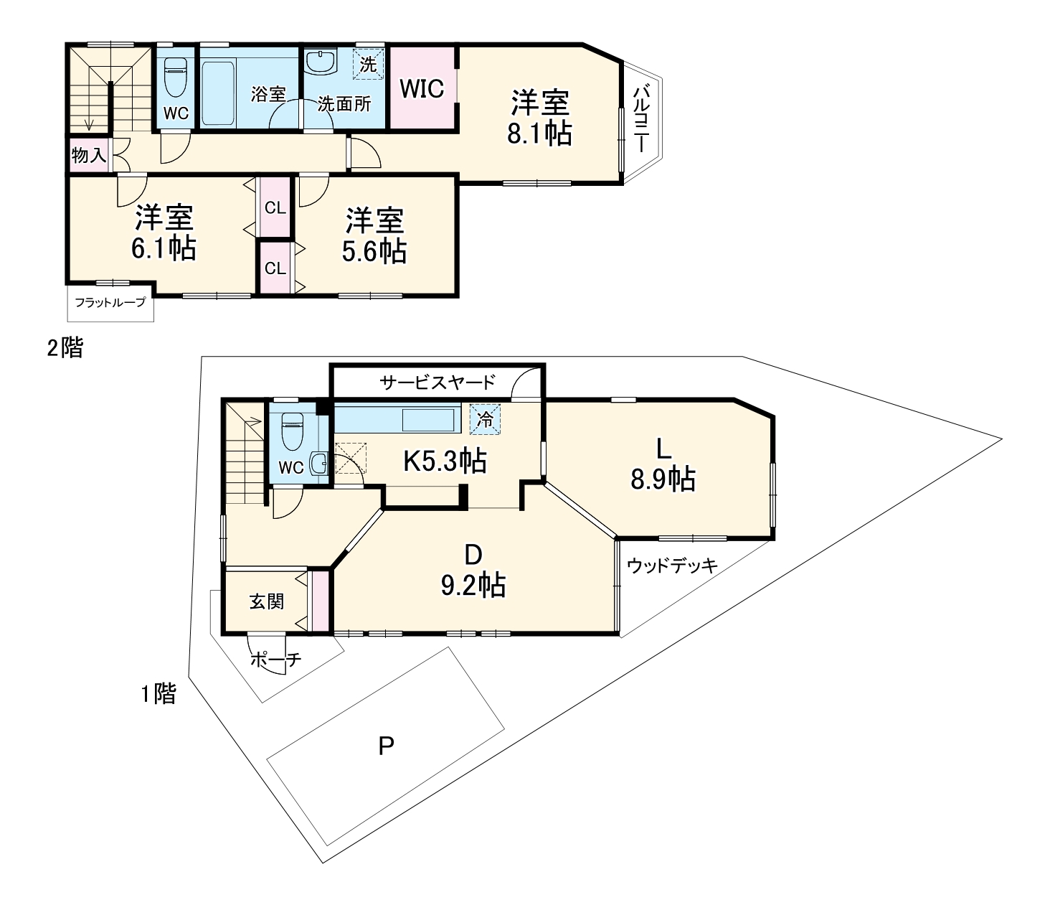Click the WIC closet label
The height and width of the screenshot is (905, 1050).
[422, 89]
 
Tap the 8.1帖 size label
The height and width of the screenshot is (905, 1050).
[539, 134]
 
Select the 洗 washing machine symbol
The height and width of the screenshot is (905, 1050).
[368, 64]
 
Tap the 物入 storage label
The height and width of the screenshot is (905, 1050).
[88, 154]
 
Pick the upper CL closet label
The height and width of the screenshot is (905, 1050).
[275, 209]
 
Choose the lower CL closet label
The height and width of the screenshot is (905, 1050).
[275, 269]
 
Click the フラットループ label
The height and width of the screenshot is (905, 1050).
[110, 303]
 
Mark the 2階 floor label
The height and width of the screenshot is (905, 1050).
[65, 349]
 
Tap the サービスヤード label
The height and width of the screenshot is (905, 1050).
[437, 382]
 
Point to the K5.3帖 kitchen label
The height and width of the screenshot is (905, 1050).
[445, 461]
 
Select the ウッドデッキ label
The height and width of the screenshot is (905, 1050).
[672, 566]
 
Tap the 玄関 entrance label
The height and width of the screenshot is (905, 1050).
[266, 601]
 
